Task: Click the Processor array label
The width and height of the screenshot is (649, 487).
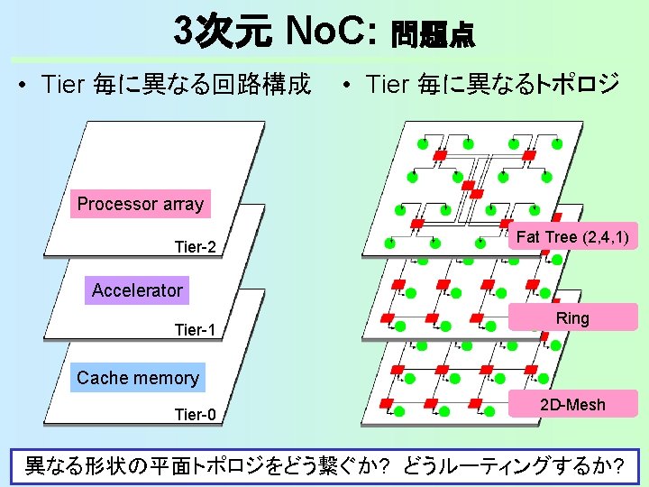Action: [140, 204]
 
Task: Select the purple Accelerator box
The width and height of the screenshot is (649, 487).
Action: [137, 290]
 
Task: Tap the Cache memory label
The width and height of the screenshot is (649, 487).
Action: [138, 378]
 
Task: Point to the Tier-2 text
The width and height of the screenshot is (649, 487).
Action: [196, 247]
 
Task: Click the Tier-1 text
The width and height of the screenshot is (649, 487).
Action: [196, 330]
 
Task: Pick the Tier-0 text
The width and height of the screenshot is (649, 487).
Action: [196, 415]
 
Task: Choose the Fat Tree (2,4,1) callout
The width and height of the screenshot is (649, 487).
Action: [572, 237]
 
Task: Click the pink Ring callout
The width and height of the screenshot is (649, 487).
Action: [572, 318]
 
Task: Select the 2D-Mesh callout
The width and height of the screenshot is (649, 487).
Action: [572, 404]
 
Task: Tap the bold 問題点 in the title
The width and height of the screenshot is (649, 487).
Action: [432, 35]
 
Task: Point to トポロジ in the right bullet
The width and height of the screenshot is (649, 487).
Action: [577, 86]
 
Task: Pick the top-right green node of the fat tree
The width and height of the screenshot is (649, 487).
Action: [558, 144]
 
